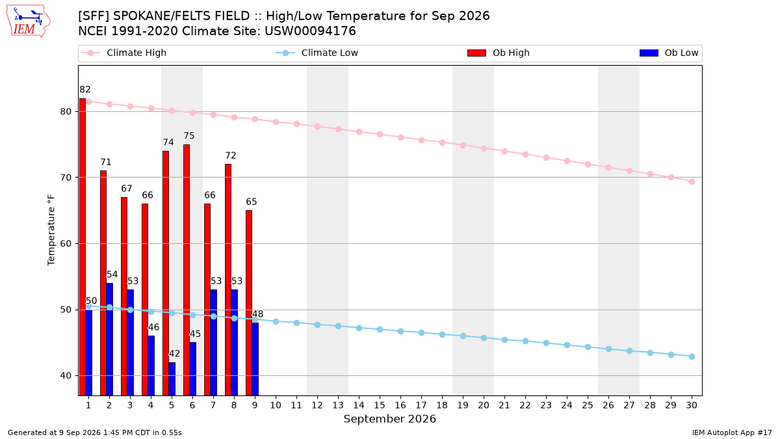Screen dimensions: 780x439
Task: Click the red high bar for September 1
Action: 83,246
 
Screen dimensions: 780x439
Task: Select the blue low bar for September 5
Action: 172,379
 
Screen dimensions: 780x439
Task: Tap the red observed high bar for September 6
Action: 187,270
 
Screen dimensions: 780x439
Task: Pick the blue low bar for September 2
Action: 110,339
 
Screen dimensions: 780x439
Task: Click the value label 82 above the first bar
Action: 85,90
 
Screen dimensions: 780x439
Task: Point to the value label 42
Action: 174,354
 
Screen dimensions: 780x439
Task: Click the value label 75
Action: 189,135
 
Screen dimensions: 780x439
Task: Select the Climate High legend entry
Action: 124,53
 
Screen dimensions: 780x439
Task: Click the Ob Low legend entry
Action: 669,53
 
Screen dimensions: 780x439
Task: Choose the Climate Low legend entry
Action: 317,53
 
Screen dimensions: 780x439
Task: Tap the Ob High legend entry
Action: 499,53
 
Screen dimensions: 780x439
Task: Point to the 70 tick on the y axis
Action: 66,178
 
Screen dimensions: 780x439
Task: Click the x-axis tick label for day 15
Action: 380,405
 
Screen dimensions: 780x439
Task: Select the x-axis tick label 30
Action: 692,405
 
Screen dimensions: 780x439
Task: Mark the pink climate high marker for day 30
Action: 692,182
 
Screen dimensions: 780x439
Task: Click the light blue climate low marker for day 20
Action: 484,338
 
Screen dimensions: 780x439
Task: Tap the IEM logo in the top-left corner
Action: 28,21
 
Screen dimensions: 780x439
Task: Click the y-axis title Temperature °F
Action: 51,230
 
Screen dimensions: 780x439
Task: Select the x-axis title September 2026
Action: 389,419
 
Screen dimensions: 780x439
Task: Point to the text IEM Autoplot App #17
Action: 732,432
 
